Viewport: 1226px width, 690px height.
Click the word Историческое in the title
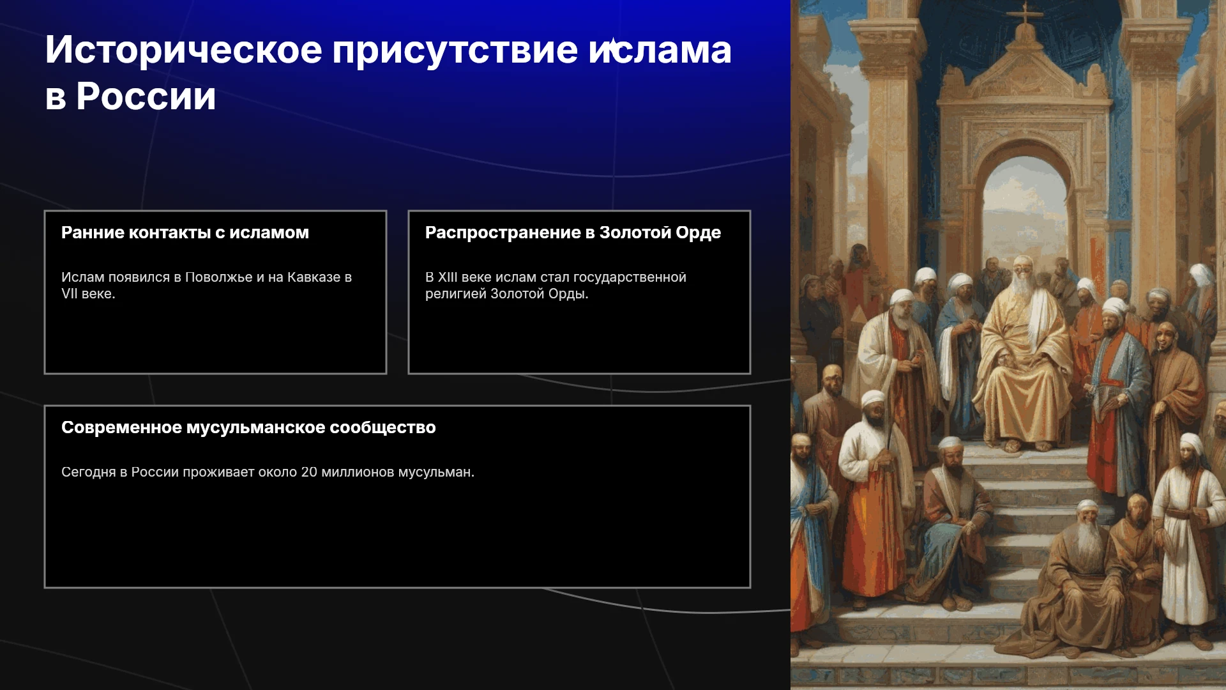[184, 50]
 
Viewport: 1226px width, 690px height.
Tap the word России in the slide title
[146, 96]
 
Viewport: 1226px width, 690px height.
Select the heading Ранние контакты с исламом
[185, 233]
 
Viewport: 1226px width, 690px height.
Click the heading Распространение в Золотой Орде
[573, 233]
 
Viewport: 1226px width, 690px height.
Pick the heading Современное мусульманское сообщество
[248, 427]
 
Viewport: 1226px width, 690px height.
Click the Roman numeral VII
[70, 294]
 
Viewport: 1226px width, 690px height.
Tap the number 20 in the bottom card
[309, 472]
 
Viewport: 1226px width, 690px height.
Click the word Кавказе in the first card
[314, 277]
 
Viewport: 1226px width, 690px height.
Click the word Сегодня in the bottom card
[88, 473]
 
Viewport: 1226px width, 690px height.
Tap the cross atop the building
[1025, 13]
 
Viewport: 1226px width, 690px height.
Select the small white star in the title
[612, 45]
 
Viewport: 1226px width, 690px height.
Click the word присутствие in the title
[455, 50]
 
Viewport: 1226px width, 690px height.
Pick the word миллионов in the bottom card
[358, 473]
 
